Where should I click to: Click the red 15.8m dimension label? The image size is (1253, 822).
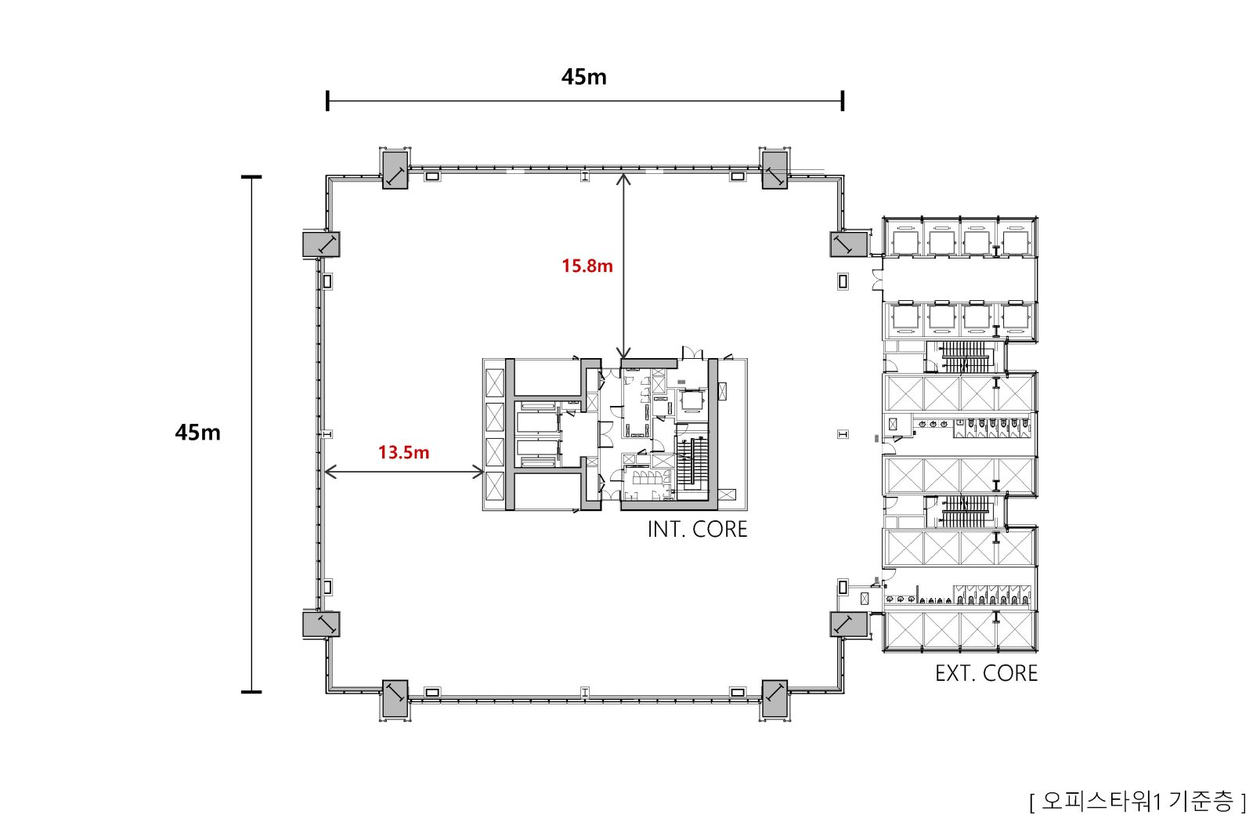pyautogui.click(x=587, y=266)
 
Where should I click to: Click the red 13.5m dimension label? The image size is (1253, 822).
pyautogui.click(x=403, y=452)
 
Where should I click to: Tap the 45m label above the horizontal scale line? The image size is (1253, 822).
pyautogui.click(x=584, y=78)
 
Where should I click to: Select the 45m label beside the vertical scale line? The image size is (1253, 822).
pyautogui.click(x=197, y=433)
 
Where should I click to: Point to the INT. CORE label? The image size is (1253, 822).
pyautogui.click(x=697, y=530)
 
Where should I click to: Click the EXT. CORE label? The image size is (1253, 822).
pyautogui.click(x=986, y=673)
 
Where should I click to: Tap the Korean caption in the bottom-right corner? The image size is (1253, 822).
pyautogui.click(x=1137, y=802)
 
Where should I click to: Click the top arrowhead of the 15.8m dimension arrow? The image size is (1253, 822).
pyautogui.click(x=623, y=179)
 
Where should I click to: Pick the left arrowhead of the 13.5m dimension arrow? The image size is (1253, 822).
pyautogui.click(x=330, y=472)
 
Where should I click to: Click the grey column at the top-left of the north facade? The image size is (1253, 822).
pyautogui.click(x=395, y=170)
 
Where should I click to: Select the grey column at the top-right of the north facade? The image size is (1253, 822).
pyautogui.click(x=775, y=170)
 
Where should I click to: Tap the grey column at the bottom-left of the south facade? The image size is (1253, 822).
pyautogui.click(x=395, y=698)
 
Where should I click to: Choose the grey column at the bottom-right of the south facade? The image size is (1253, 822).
pyautogui.click(x=775, y=698)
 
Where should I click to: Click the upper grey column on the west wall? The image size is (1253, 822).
pyautogui.click(x=321, y=244)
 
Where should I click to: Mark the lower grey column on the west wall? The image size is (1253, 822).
pyautogui.click(x=321, y=625)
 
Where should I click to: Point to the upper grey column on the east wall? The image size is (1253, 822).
pyautogui.click(x=849, y=244)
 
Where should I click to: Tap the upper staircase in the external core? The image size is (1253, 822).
pyautogui.click(x=966, y=357)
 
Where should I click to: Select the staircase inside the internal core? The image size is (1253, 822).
pyautogui.click(x=693, y=462)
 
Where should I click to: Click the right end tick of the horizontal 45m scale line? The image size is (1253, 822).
pyautogui.click(x=843, y=101)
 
